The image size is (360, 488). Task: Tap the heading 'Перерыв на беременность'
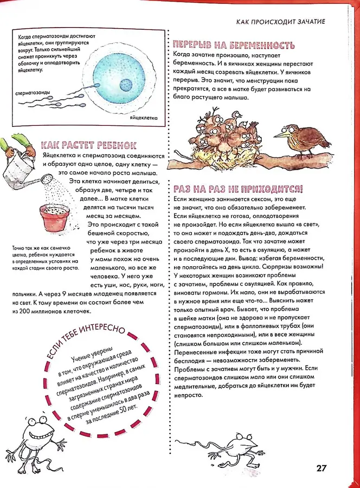point(234,45)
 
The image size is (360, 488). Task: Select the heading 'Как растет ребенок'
point(88,146)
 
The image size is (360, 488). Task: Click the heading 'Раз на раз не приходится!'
point(237,189)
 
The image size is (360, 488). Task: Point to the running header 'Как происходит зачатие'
point(281,22)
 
